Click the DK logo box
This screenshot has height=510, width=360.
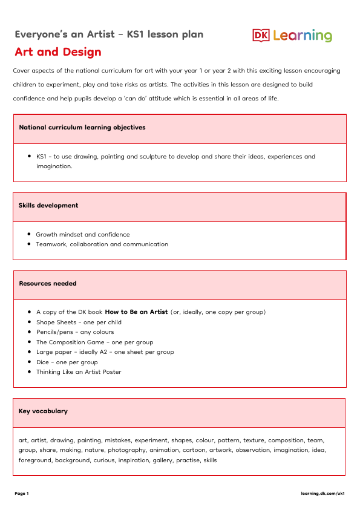coord(261,36)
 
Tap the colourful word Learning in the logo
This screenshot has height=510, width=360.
coord(303,36)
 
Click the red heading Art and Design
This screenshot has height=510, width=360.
coord(58,52)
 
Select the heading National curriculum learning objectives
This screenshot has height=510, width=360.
coord(82,128)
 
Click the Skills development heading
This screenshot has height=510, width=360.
coord(48,206)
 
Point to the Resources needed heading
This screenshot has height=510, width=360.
coord(48,283)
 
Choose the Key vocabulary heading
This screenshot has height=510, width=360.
coord(43,411)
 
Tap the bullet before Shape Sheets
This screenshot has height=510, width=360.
coord(30,322)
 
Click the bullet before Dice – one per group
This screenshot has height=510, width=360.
coord(30,362)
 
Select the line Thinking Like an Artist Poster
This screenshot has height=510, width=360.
coord(79,372)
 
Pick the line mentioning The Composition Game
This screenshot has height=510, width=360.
coord(94,342)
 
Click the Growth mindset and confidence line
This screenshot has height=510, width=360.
coord(83,235)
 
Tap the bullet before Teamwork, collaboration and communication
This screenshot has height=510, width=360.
coord(30,244)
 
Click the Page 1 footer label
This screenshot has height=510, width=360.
coord(22,494)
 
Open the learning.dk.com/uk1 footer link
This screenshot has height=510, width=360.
coord(322,494)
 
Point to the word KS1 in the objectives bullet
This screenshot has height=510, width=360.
coord(42,157)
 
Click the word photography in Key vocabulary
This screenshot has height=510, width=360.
coord(128,450)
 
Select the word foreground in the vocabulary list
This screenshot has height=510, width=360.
coord(35,460)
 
